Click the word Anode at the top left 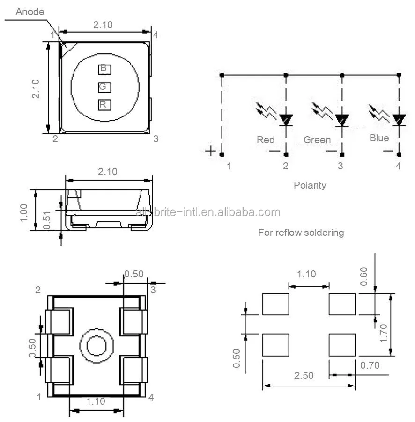pos(30,12)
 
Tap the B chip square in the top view pos(104,69)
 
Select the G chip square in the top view pos(104,87)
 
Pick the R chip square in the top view pos(104,105)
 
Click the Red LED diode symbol pos(286,120)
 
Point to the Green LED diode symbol pos(342,120)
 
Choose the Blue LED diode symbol pos(399,119)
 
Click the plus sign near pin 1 pos(211,151)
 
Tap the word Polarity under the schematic pos(310,185)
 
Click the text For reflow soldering pos(301,233)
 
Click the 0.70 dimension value pos(370,365)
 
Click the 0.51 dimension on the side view pos(47,219)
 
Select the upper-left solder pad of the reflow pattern pos(275,304)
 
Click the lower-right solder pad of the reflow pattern pos(342,345)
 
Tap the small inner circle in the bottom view pos(97,346)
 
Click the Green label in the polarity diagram pos(317,140)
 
